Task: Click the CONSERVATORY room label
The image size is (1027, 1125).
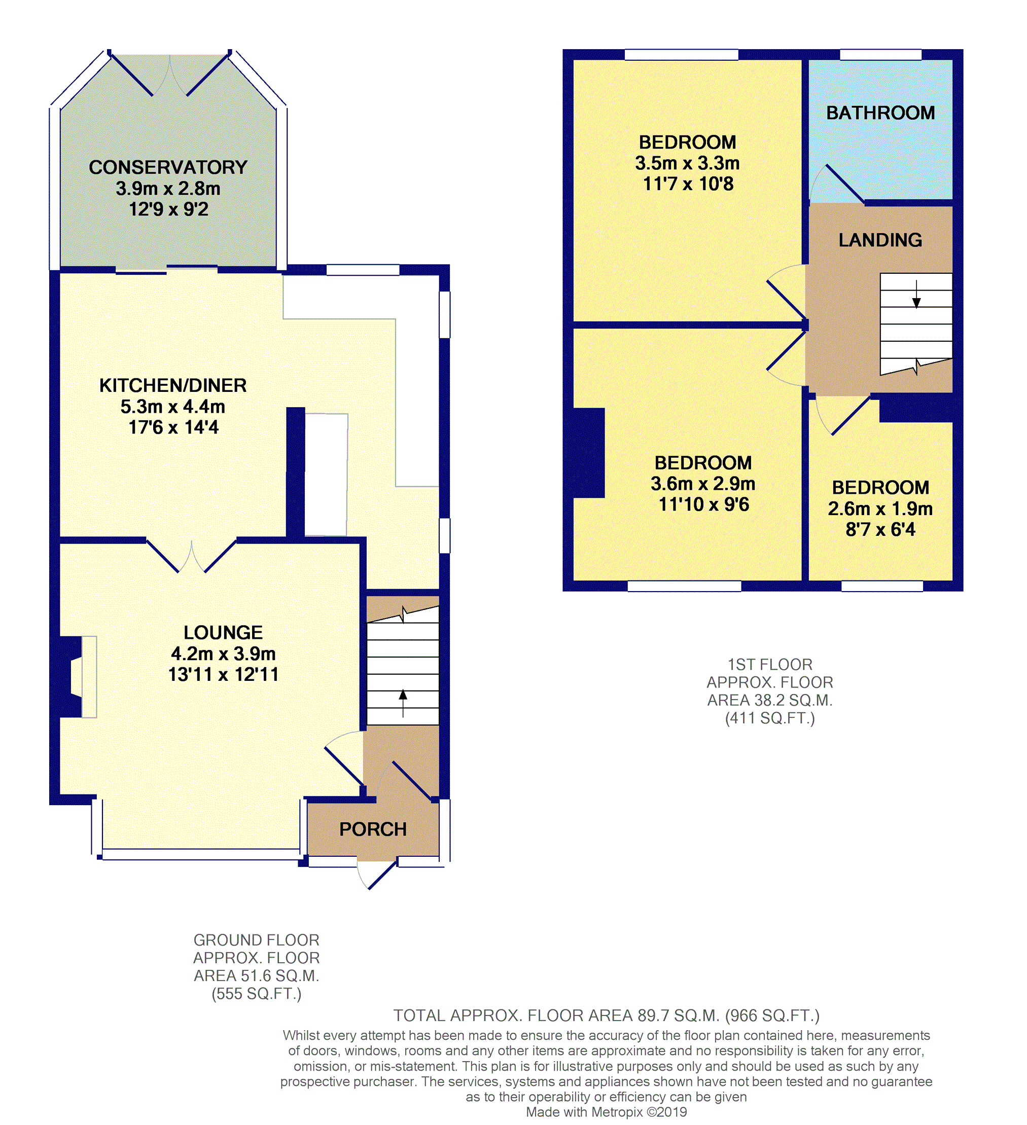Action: tap(168, 167)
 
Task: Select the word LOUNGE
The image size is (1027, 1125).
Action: tap(223, 633)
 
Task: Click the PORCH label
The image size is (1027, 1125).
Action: tap(373, 829)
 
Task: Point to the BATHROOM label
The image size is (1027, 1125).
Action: tap(881, 113)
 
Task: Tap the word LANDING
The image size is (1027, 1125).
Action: tap(880, 240)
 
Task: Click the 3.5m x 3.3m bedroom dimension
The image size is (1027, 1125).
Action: tap(688, 163)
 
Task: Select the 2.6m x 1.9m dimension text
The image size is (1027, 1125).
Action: tap(880, 509)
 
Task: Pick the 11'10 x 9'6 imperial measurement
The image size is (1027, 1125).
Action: tap(704, 504)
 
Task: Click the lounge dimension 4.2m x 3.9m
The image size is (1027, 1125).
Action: tap(223, 654)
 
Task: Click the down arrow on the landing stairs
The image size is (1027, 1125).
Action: tap(916, 294)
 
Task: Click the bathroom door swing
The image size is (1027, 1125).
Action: tap(837, 185)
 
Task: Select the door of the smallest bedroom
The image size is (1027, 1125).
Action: tap(843, 415)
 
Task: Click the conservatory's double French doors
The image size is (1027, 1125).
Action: tap(170, 76)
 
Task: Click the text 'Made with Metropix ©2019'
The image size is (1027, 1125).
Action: tap(607, 1112)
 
